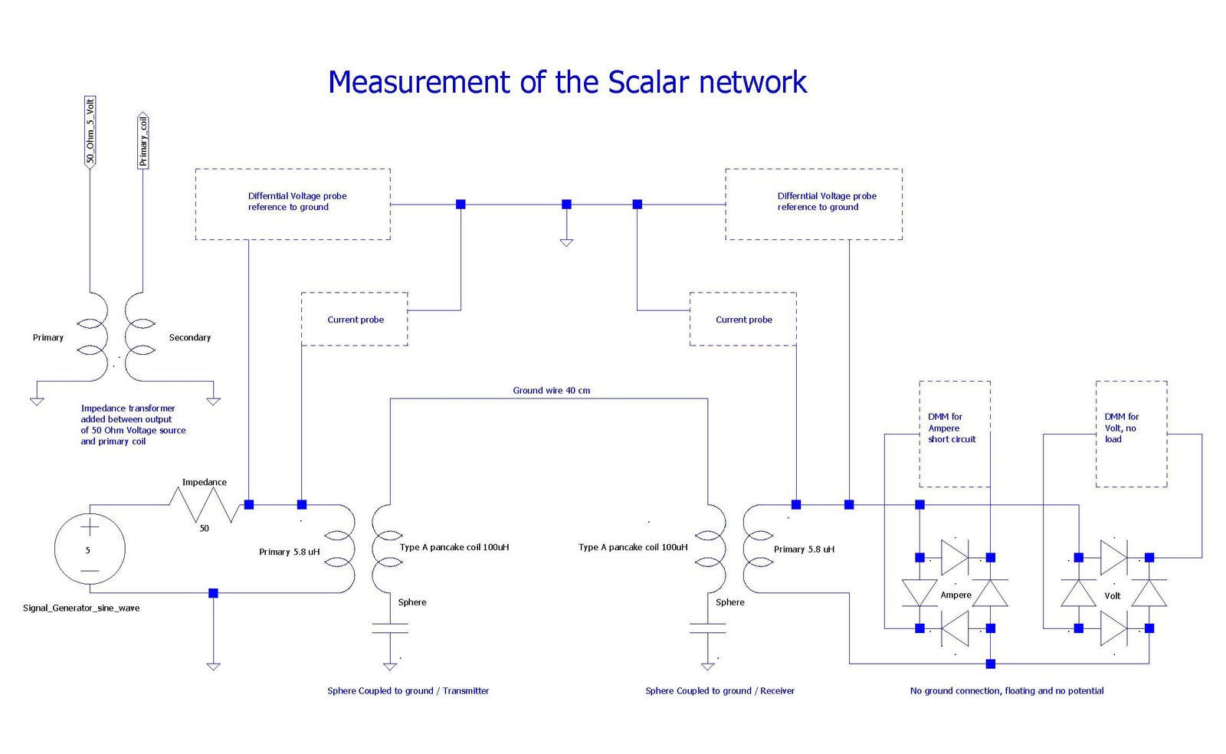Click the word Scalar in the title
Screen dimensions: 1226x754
(647, 82)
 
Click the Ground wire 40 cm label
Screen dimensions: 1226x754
(551, 390)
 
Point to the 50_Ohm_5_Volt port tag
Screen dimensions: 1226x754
(90, 132)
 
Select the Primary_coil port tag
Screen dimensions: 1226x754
(143, 141)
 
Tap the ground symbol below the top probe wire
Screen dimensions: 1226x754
(566, 242)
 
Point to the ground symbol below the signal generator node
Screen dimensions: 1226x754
(214, 667)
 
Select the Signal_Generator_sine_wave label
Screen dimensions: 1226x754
(81, 608)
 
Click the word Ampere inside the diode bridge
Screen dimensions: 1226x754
(956, 595)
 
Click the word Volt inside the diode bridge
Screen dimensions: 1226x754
(1112, 595)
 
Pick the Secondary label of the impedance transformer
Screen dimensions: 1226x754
(190, 338)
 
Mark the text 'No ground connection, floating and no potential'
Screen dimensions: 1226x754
(1007, 690)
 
